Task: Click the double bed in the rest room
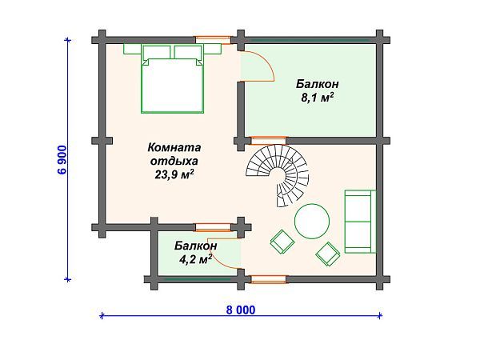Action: [172, 79]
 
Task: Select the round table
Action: [312, 221]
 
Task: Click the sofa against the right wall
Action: [360, 222]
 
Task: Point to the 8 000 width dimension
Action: [241, 310]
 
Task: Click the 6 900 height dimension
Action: [62, 159]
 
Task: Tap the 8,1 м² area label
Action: [317, 98]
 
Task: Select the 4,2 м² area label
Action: [196, 259]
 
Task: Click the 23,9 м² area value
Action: [174, 174]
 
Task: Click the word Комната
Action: [174, 147]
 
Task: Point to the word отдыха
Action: [174, 161]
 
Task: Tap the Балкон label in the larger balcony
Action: [317, 84]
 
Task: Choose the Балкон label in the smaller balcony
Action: [196, 246]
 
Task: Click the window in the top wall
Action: [214, 39]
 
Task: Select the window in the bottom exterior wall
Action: [269, 279]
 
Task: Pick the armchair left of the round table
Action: [282, 242]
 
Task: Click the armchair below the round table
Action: [328, 254]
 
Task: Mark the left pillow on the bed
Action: [157, 51]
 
